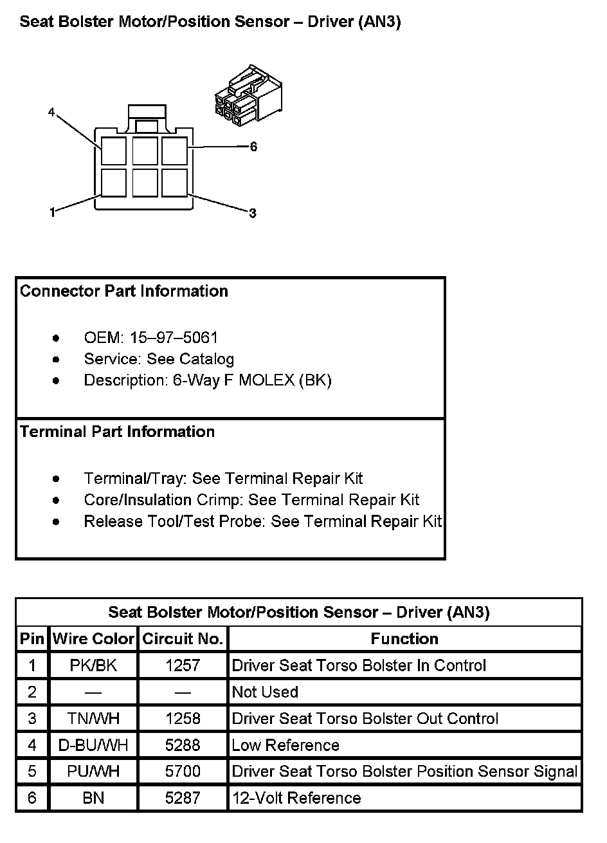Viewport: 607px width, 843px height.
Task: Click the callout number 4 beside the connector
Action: coord(51,113)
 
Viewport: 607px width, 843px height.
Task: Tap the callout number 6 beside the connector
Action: coord(253,147)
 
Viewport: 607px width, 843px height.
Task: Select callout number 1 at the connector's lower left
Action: coord(53,212)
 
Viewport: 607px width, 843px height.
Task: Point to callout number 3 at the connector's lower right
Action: coord(253,213)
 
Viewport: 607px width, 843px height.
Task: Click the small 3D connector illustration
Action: coord(248,95)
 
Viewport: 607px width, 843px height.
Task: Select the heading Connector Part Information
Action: coord(124,292)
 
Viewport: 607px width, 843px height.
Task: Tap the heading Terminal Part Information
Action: coord(117,432)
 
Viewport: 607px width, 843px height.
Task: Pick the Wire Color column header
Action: coord(93,639)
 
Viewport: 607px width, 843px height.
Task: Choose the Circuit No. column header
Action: coord(183,639)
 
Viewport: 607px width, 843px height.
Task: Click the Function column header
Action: coord(404,639)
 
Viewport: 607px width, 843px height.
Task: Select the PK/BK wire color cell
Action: coord(93,665)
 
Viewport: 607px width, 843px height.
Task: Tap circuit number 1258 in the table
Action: coord(183,719)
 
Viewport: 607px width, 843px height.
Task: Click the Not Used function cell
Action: coord(265,692)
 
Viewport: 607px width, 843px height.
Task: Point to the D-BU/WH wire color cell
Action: coord(93,745)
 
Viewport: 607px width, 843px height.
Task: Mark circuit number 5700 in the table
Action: coord(183,772)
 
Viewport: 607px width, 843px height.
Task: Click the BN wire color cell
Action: coord(93,799)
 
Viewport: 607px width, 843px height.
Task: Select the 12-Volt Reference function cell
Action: coord(296,799)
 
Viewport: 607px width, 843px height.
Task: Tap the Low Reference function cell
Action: coord(285,745)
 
